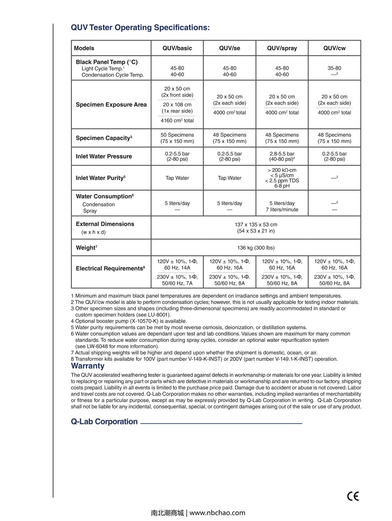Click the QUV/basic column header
[x=177, y=48]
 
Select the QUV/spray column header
[x=282, y=48]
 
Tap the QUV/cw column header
[x=334, y=48]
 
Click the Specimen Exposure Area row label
[x=111, y=105]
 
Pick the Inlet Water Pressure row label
[x=104, y=156]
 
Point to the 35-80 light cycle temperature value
[x=334, y=68]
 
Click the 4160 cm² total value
[x=177, y=121]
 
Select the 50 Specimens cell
[x=177, y=135]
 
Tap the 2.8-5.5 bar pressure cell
[x=282, y=154]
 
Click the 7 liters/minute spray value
[x=282, y=210]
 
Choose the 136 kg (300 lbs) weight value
[x=256, y=248]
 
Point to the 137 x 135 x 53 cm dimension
[x=256, y=225]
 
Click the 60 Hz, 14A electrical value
[x=177, y=268]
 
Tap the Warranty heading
[x=88, y=366]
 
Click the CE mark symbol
[x=353, y=496]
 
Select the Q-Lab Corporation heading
[x=104, y=422]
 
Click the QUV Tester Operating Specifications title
[x=140, y=28]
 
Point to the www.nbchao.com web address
[x=217, y=513]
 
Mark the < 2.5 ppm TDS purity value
[x=282, y=181]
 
